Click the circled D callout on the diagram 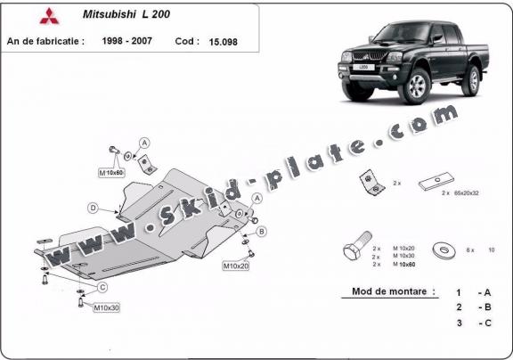93,208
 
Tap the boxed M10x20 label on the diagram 235,266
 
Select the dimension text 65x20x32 467,193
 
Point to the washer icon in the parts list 441,250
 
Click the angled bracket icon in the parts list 370,183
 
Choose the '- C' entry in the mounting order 484,323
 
